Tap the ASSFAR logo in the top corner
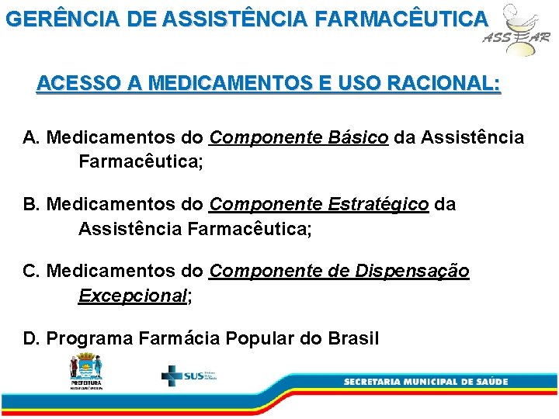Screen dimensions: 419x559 pos(516,30)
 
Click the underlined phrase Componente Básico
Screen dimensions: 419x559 pos(299,138)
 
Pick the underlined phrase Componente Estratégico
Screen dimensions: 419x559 pos(318,205)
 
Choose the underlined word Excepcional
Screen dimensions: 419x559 pos(133,296)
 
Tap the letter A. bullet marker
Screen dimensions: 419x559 pos(32,138)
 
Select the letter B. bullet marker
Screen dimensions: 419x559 pos(32,205)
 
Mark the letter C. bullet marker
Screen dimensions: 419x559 pos(32,272)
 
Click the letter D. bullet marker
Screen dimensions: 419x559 pos(32,338)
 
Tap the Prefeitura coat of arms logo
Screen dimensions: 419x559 pos(85,369)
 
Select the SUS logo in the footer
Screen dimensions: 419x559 pos(189,376)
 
